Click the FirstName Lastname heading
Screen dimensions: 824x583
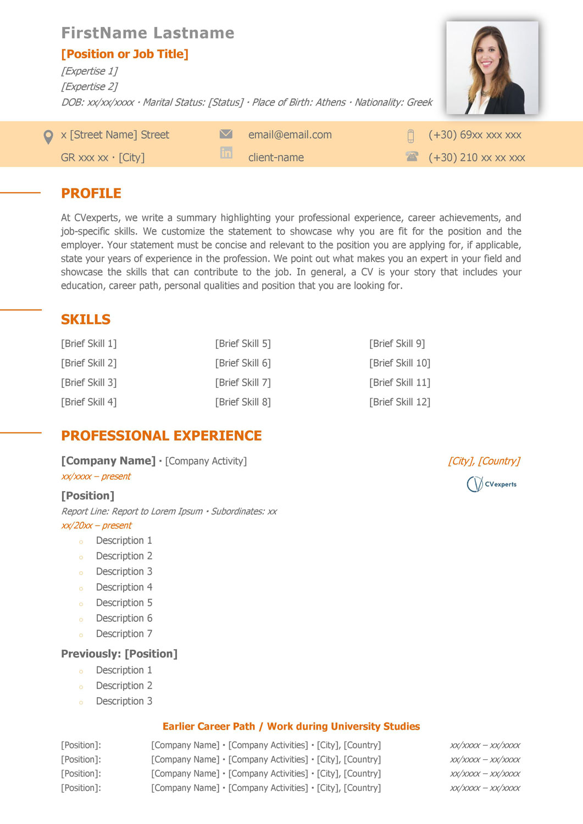point(147,33)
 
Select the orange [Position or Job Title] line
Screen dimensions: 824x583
point(125,54)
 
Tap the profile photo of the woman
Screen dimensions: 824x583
point(492,68)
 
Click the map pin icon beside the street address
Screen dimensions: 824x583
point(48,137)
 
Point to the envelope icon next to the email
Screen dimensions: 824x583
point(226,134)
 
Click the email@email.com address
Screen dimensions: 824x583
point(290,135)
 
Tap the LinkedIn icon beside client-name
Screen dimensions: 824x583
point(226,153)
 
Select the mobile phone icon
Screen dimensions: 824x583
point(410,136)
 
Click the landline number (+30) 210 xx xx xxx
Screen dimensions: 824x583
point(476,158)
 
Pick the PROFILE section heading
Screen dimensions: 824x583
point(91,193)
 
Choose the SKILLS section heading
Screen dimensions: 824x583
point(86,319)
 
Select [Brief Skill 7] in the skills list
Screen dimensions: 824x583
point(243,382)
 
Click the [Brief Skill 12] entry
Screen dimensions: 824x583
point(399,402)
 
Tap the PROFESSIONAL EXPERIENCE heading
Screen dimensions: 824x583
point(161,436)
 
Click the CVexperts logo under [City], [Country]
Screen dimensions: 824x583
point(491,484)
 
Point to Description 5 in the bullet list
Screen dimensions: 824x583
point(124,603)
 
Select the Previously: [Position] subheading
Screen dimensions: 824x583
point(119,654)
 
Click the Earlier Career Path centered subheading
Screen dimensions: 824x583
point(291,726)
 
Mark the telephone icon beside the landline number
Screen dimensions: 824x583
point(412,157)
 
